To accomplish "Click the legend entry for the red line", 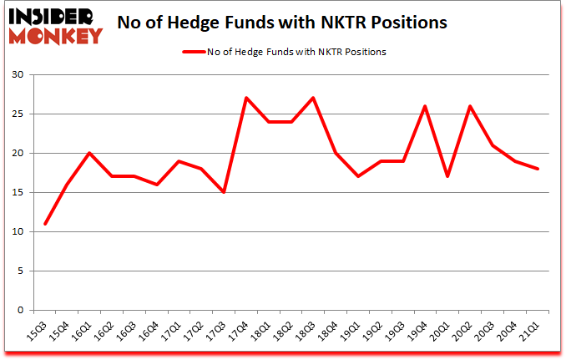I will tap(284, 52).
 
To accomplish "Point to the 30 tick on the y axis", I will tap(16, 75).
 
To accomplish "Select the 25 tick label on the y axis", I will tap(16, 114).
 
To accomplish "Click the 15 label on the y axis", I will tap(16, 193).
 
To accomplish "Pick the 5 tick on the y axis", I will tap(19, 271).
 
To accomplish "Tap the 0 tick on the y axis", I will tap(19, 311).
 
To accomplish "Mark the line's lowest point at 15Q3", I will tap(45, 224).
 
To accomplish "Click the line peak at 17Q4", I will tap(247, 99).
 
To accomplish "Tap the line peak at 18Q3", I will tap(314, 99).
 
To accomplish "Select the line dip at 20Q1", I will tap(448, 176).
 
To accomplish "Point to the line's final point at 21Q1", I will tap(538, 169).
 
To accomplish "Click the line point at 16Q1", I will tap(90, 153).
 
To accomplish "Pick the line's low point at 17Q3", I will tap(225, 192).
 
